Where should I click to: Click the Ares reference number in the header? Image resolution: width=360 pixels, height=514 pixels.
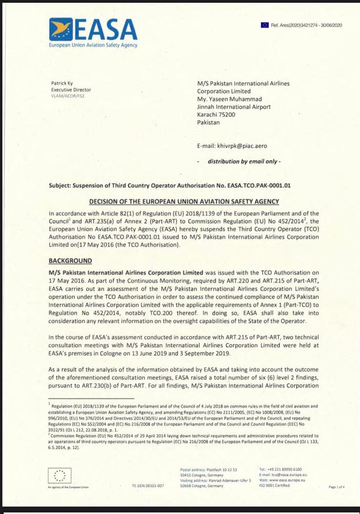click(x=306, y=25)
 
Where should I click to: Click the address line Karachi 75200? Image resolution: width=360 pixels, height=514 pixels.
click(x=216, y=115)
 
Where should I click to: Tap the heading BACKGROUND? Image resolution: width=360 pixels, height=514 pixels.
click(x=70, y=260)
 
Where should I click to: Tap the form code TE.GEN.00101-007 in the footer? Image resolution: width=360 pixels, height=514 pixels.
click(x=148, y=486)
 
